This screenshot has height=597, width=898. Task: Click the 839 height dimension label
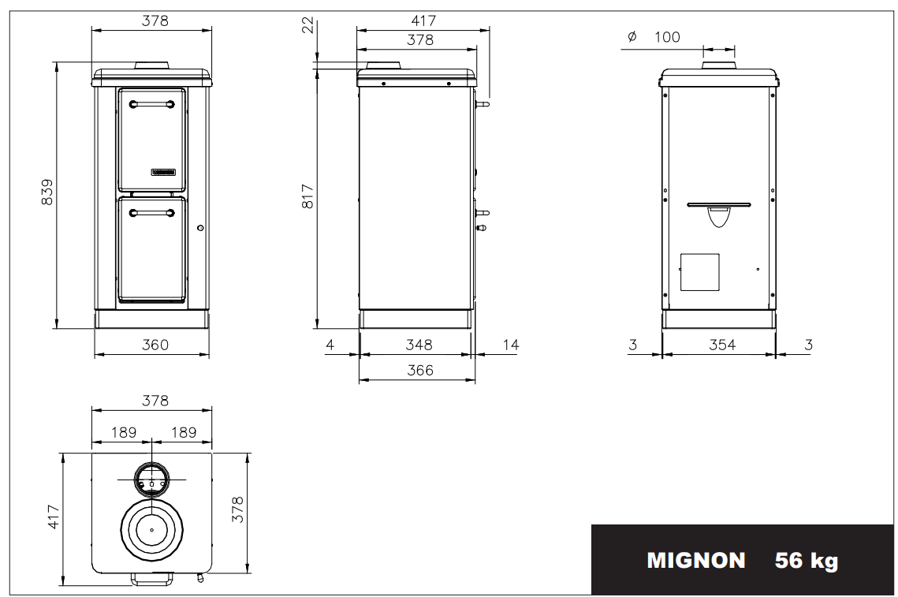tap(47, 192)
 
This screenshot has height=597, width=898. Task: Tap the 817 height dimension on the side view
tap(307, 196)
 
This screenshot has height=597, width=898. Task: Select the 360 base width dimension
tap(155, 345)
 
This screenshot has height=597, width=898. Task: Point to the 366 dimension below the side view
tap(419, 370)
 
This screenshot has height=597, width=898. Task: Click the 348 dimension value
tap(419, 345)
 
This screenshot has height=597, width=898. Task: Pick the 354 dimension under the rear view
tap(722, 345)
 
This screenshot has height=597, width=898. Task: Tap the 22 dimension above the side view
tap(307, 24)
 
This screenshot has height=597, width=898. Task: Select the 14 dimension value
tap(510, 345)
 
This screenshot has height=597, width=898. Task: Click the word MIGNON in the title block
tap(696, 560)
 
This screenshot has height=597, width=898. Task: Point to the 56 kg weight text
tap(806, 561)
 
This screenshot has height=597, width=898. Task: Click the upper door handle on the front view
tap(151, 104)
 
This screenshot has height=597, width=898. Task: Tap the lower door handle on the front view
tap(151, 213)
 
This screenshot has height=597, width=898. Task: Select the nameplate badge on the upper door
tap(163, 172)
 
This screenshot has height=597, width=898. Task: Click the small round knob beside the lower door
tap(200, 228)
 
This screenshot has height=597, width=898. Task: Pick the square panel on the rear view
tap(699, 272)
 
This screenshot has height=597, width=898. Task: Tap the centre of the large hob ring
tap(151, 530)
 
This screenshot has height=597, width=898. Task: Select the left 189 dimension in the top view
tap(124, 432)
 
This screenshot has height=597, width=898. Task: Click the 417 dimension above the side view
tap(423, 21)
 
